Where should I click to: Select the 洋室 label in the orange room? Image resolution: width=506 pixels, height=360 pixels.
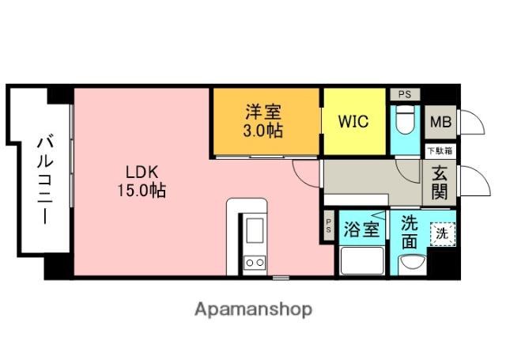[x=265, y=113]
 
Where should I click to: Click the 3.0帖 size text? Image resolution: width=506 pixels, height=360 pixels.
[x=265, y=131]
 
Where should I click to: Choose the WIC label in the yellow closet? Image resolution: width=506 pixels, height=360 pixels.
[x=353, y=123]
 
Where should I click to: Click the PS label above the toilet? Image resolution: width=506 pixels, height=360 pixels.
[x=405, y=94]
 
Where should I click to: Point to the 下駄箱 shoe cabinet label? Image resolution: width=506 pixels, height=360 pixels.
[x=440, y=150]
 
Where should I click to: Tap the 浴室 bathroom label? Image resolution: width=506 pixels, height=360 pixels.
[x=362, y=230]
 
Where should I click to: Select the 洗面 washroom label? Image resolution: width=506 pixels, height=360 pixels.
[x=409, y=232]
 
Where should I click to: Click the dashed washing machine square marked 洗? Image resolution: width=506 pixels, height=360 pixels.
[x=443, y=233]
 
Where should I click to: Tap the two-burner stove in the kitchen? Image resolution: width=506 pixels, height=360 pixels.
[x=255, y=262]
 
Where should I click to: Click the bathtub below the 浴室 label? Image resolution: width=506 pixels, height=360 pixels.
[x=362, y=260]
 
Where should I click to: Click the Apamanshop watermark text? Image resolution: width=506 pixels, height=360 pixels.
[x=254, y=309]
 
